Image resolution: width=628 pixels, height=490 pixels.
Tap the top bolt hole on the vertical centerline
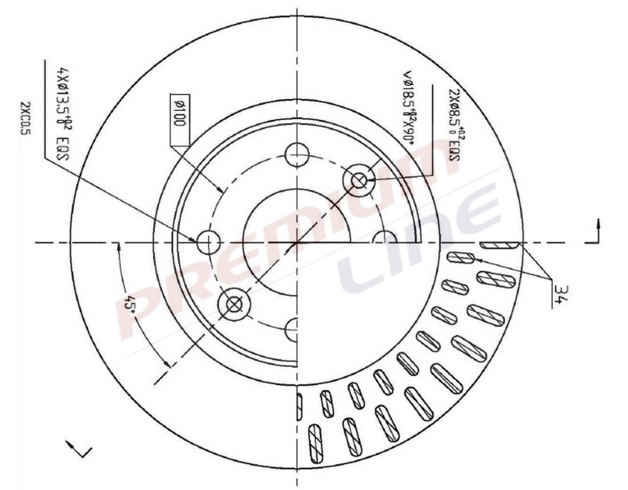point(298,154)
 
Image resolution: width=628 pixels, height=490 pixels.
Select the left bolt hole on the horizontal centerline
point(208,242)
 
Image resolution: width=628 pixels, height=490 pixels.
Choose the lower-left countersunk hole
point(233,304)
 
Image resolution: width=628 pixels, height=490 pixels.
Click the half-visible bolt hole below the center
point(292,327)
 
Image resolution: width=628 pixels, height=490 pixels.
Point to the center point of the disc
point(298,242)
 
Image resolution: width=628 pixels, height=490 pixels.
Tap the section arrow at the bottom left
point(78,449)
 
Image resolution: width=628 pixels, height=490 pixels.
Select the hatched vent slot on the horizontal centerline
point(500,245)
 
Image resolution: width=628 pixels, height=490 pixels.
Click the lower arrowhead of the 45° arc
point(167,364)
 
